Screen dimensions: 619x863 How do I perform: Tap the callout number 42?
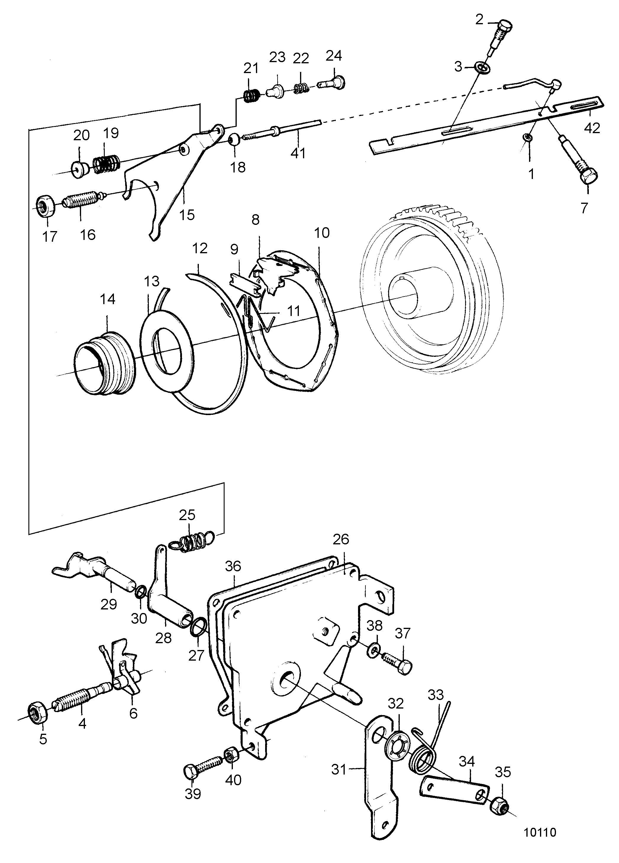click(x=591, y=128)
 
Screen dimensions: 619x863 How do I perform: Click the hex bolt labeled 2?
click(x=501, y=37)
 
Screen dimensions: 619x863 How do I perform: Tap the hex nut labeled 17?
click(x=46, y=206)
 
